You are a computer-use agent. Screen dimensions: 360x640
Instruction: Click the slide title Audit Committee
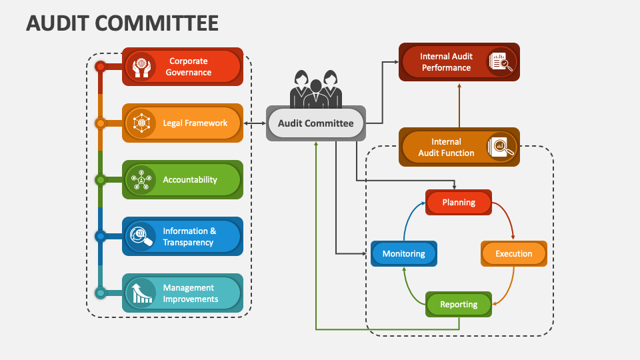pos(122,23)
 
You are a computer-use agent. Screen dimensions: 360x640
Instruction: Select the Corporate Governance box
pos(183,67)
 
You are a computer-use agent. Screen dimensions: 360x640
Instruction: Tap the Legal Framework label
pos(195,123)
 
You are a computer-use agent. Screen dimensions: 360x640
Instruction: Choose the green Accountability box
pos(183,179)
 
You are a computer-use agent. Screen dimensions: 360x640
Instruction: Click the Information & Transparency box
pos(183,236)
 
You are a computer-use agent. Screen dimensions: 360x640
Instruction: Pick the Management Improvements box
pos(183,293)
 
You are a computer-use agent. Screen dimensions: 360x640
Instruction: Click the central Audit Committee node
pos(315,123)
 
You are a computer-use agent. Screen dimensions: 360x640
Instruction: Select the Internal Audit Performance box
pos(459,62)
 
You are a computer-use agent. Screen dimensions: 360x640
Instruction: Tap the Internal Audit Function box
pos(459,147)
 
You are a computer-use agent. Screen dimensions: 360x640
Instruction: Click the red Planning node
pos(459,202)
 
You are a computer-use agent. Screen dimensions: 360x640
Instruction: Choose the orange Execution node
pos(513,253)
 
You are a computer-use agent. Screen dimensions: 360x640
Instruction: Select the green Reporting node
pos(459,304)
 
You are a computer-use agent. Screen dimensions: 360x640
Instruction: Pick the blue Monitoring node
pos(403,253)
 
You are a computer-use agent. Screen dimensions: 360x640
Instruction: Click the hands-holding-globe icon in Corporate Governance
pos(141,67)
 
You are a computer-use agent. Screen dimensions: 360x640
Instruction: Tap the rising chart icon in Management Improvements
pos(141,293)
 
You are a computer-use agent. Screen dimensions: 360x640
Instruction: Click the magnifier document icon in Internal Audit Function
pos(501,147)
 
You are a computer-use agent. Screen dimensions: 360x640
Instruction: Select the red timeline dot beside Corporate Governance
pos(100,67)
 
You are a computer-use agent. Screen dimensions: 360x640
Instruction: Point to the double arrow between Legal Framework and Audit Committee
pos(255,123)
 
